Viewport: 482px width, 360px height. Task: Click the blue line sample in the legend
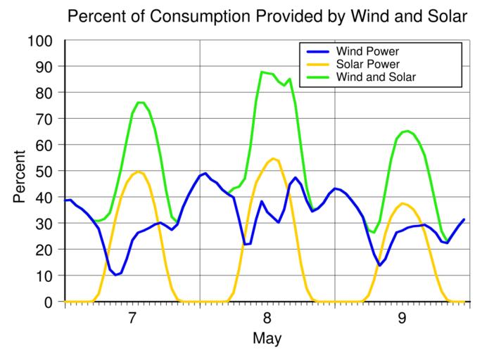tap(318, 51)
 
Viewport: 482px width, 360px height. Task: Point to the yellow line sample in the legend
tap(318, 64)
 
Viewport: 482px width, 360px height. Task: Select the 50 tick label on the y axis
tap(46, 171)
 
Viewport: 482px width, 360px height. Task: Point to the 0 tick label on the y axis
tap(50, 302)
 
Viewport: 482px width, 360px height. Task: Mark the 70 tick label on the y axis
tap(46, 119)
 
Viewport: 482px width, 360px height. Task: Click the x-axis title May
tap(267, 339)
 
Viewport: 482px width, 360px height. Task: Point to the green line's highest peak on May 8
tap(262, 72)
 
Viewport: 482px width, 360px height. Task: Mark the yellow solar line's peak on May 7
tap(139, 172)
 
